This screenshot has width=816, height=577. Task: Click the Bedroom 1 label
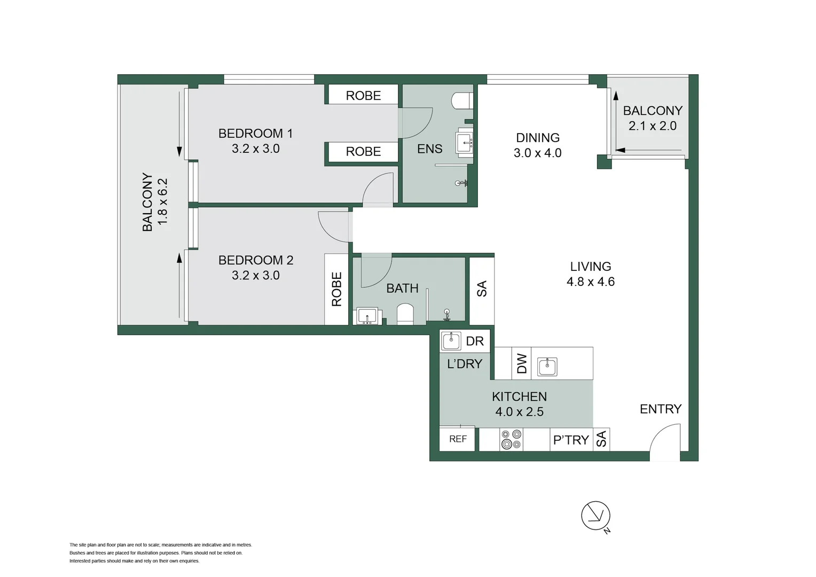[255, 134]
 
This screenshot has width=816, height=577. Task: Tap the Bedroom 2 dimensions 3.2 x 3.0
[255, 275]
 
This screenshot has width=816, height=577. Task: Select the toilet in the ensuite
[461, 100]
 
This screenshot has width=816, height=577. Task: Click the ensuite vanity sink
[465, 142]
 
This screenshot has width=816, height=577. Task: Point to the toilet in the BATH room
[405, 315]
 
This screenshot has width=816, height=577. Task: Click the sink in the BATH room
[367, 316]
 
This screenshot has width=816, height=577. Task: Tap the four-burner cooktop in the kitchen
[511, 440]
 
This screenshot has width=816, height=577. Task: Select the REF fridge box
[458, 439]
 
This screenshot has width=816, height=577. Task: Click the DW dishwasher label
[522, 363]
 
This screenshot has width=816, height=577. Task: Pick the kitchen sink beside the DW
[547, 367]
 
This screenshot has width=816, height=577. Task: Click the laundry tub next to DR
[451, 341]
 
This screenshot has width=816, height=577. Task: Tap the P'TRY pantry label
[571, 440]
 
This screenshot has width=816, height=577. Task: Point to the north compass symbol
[595, 516]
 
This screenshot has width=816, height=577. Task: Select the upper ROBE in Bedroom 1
[363, 96]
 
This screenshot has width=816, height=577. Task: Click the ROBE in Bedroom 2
[336, 289]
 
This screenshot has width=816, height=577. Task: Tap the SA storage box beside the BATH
[482, 289]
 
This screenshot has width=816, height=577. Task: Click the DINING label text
[537, 138]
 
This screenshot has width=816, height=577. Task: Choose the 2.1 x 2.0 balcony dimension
[652, 126]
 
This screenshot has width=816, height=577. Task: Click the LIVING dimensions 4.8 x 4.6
[590, 282]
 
